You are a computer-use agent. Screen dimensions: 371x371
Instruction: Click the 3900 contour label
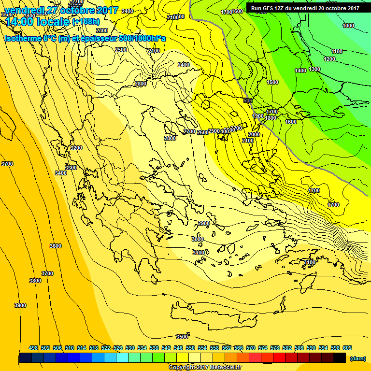[20, 305]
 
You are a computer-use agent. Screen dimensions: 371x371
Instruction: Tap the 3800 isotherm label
[35, 281]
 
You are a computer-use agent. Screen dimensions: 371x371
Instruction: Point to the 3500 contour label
[182, 337]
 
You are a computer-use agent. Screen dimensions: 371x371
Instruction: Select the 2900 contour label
[204, 223]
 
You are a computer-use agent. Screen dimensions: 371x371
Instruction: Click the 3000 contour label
[198, 239]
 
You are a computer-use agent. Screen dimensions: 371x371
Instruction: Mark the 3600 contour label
[56, 246]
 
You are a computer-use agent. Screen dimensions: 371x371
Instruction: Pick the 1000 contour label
[348, 26]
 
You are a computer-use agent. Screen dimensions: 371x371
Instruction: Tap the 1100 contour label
[337, 51]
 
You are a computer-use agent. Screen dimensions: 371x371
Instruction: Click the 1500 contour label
[272, 83]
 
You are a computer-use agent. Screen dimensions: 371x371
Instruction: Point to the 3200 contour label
[76, 148]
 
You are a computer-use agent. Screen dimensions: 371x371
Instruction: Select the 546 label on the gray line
[248, 100]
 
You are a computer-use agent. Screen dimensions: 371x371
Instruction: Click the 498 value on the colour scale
[33, 348]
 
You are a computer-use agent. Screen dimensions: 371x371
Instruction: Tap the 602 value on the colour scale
[347, 348]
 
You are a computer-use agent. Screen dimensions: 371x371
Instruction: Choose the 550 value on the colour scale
[190, 348]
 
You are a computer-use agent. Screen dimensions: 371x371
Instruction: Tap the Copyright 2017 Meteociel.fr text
[205, 368]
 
